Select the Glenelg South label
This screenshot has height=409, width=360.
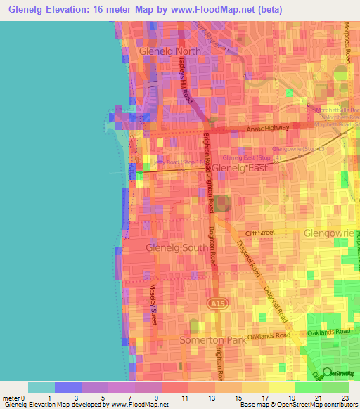176,247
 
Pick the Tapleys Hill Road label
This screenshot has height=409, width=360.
187,77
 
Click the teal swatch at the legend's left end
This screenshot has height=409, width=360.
41,387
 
